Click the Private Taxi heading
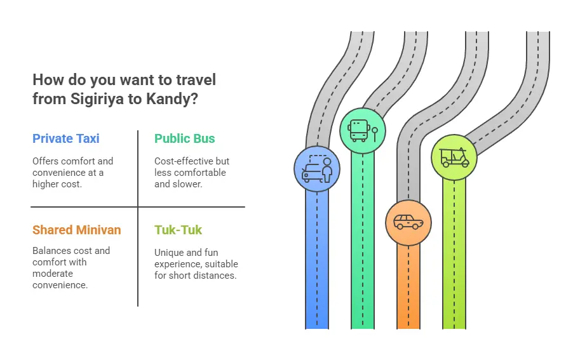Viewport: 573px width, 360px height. [66, 139]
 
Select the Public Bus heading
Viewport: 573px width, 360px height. [185, 139]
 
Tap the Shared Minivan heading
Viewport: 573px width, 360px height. [77, 230]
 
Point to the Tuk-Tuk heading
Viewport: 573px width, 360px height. [178, 230]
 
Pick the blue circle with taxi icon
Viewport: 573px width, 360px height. [317, 169]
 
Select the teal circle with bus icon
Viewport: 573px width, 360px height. [363, 130]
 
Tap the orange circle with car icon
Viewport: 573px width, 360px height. [408, 223]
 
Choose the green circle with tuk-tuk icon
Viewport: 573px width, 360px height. [454, 157]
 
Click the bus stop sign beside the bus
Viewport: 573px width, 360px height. [375, 133]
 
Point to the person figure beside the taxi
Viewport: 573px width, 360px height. [327, 170]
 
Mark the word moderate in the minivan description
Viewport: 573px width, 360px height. [53, 274]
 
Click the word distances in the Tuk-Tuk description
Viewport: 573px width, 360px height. [219, 276]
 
